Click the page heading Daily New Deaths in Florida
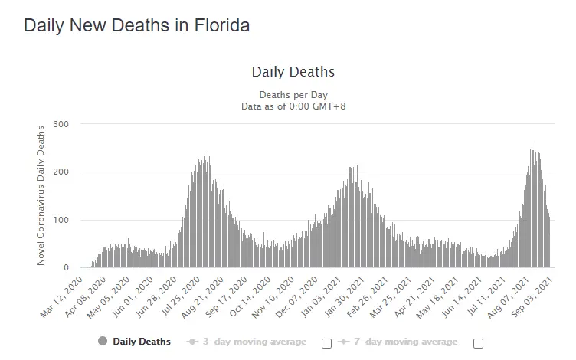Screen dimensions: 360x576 [136, 25]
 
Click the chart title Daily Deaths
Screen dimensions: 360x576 [293, 72]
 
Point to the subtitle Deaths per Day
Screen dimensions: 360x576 [293, 94]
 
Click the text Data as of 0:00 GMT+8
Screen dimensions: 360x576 [293, 106]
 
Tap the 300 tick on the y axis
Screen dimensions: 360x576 [61, 124]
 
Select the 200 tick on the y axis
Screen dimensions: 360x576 [61, 172]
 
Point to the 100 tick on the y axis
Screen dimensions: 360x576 [61, 221]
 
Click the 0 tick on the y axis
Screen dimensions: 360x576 [67, 268]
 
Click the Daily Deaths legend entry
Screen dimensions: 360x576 [142, 342]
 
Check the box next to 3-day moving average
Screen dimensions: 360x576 [327, 343]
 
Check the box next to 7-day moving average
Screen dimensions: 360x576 [479, 343]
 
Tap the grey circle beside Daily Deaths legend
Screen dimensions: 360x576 [103, 342]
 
